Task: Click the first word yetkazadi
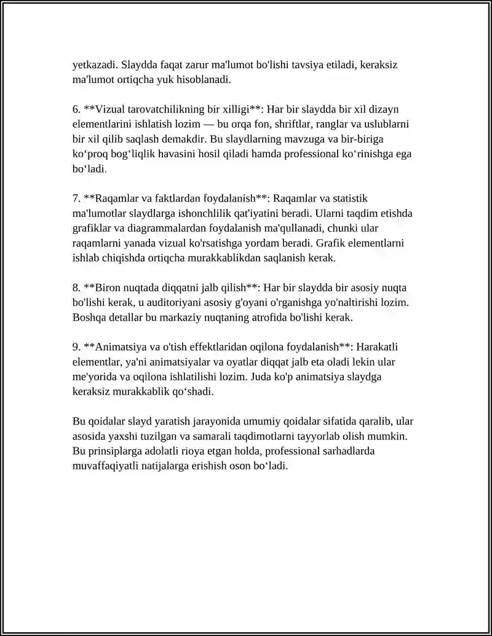(x=93, y=65)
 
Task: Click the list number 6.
(x=76, y=109)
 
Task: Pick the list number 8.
(x=76, y=288)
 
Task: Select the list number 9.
(x=76, y=347)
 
